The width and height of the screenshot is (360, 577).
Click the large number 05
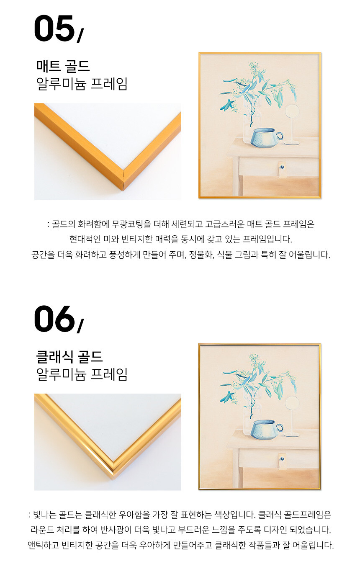[54, 28]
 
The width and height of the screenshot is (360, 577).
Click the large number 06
[54, 319]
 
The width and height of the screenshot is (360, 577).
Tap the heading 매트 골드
[63, 66]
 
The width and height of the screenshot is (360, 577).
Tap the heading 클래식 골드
[69, 357]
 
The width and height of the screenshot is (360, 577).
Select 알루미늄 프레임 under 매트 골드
[82, 83]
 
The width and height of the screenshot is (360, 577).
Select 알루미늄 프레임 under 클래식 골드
[82, 374]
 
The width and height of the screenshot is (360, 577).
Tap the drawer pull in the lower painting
[282, 461]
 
